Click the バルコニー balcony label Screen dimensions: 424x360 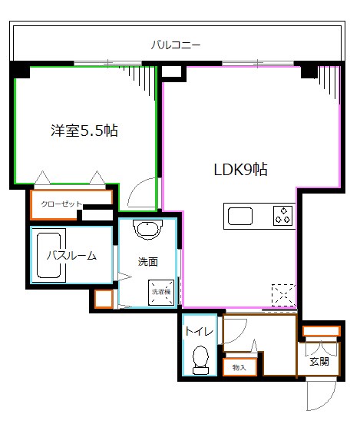point(175,45)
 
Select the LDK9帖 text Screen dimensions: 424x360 point(240,170)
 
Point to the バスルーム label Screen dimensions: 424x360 point(71,256)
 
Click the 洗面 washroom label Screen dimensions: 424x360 point(148,261)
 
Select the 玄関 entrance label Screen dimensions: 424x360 point(319,360)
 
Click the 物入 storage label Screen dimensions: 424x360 point(239,368)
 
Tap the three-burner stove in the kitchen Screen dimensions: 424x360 point(282,215)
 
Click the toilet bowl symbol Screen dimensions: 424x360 point(200,359)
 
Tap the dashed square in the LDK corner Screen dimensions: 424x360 point(283,295)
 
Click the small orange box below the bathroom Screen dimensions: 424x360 point(103,299)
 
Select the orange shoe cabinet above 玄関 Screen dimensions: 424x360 point(319,332)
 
